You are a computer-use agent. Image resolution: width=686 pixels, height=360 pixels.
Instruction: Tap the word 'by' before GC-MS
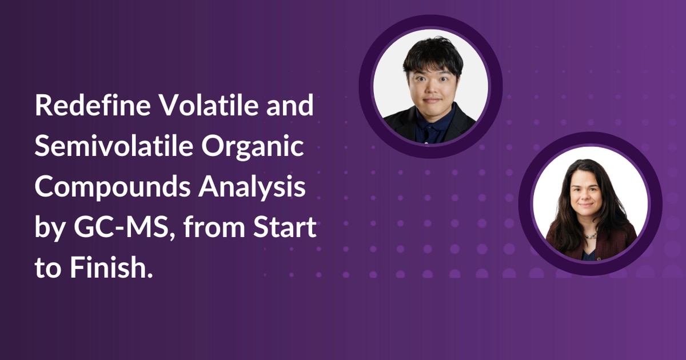[47, 229]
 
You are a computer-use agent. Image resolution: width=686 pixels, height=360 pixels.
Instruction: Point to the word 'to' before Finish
[47, 269]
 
